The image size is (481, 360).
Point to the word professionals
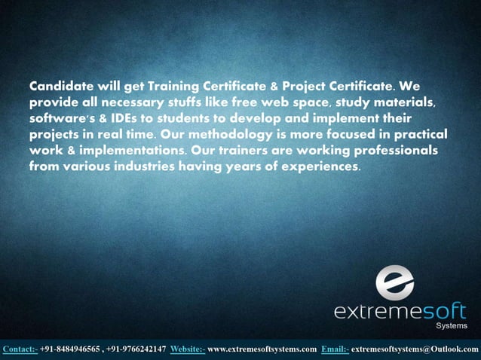coord(384,151)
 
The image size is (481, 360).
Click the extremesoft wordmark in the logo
coord(400,311)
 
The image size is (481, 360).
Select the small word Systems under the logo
coord(451,326)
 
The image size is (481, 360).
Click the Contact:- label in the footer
coord(20,349)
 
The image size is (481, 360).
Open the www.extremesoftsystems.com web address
coord(262,349)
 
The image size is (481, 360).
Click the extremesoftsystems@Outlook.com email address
coord(415,349)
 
